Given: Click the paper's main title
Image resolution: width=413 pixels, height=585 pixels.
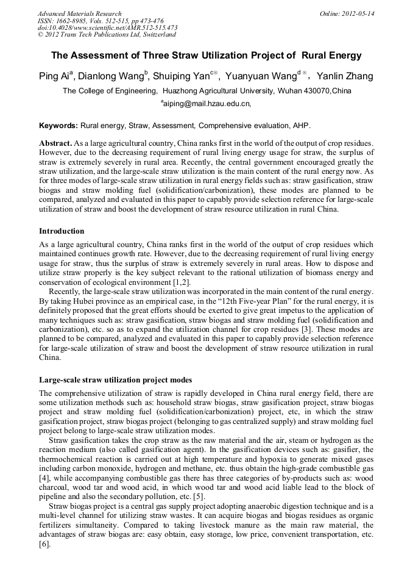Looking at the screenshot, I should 206,56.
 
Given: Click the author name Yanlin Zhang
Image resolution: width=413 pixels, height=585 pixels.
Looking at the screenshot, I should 345,77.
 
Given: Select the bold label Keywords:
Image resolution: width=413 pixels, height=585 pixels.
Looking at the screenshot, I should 58,126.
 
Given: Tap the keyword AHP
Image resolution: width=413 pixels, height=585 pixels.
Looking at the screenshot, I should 300,126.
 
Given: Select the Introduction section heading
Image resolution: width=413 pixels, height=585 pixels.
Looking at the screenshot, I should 62,231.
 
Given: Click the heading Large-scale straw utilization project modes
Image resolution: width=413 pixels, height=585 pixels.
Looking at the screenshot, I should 115,380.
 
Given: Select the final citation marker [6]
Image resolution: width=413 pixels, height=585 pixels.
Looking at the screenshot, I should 44,543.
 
